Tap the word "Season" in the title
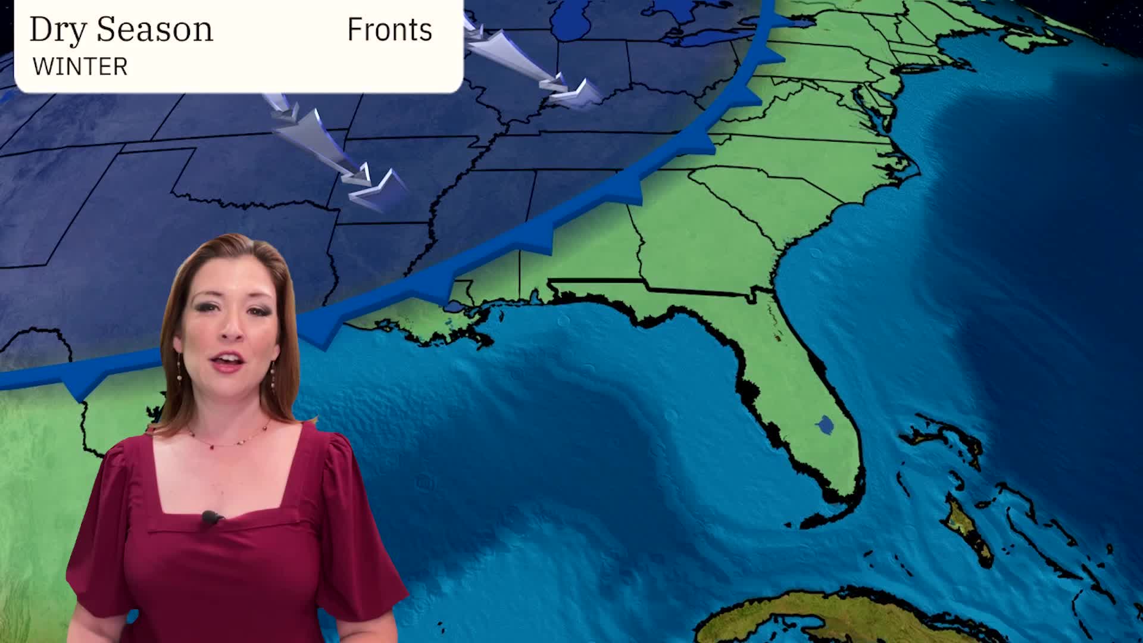pyautogui.click(x=154, y=29)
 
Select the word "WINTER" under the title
pyautogui.click(x=80, y=67)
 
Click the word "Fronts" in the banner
pyautogui.click(x=389, y=30)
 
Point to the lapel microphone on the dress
pyautogui.click(x=210, y=517)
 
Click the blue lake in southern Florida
pyautogui.click(x=825, y=425)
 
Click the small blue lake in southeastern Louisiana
pyautogui.click(x=454, y=307)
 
